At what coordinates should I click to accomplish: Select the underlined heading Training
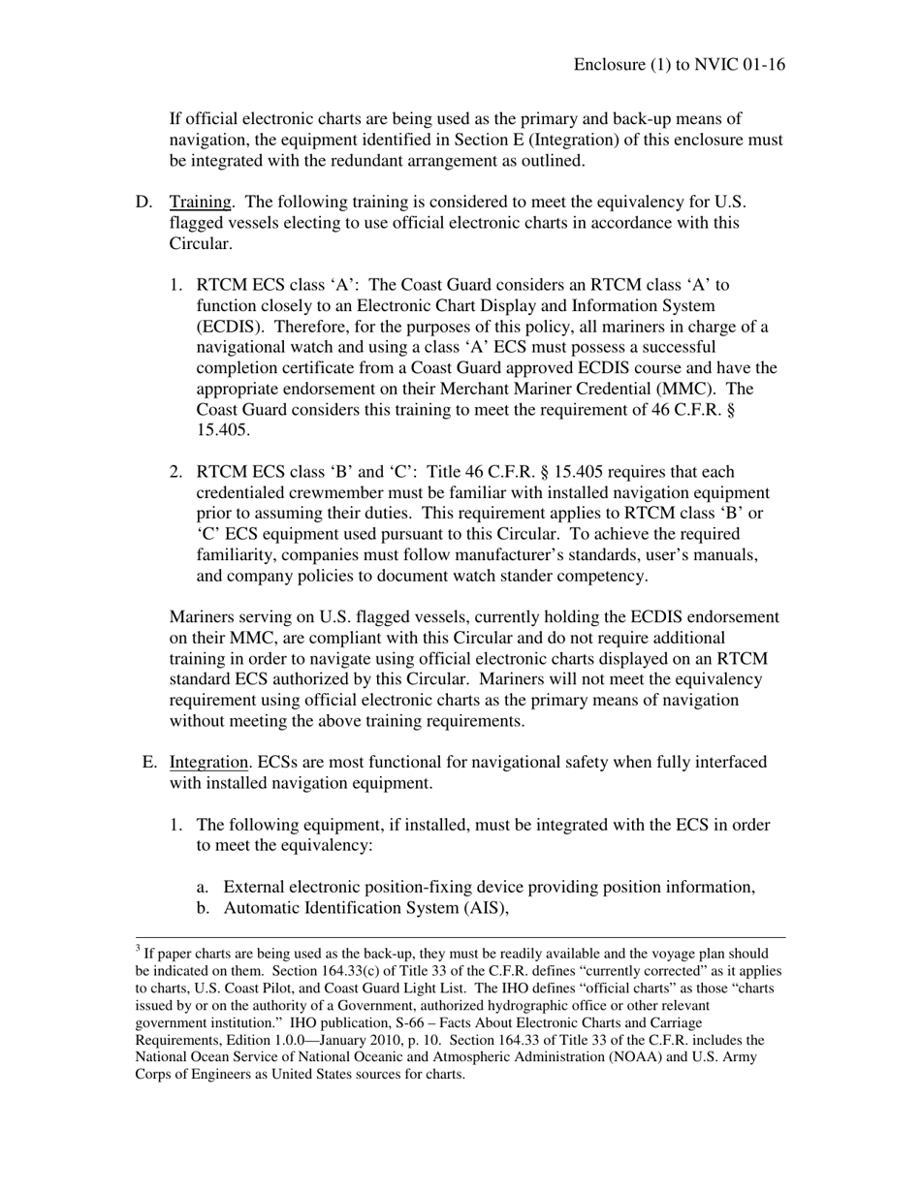tap(201, 202)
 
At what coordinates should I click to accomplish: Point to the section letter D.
tap(143, 202)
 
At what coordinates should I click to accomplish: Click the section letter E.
tap(149, 762)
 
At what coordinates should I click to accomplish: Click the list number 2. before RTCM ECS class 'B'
tap(176, 472)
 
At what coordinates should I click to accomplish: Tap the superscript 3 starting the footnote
tap(139, 950)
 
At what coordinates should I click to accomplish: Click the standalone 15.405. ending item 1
tap(223, 430)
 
